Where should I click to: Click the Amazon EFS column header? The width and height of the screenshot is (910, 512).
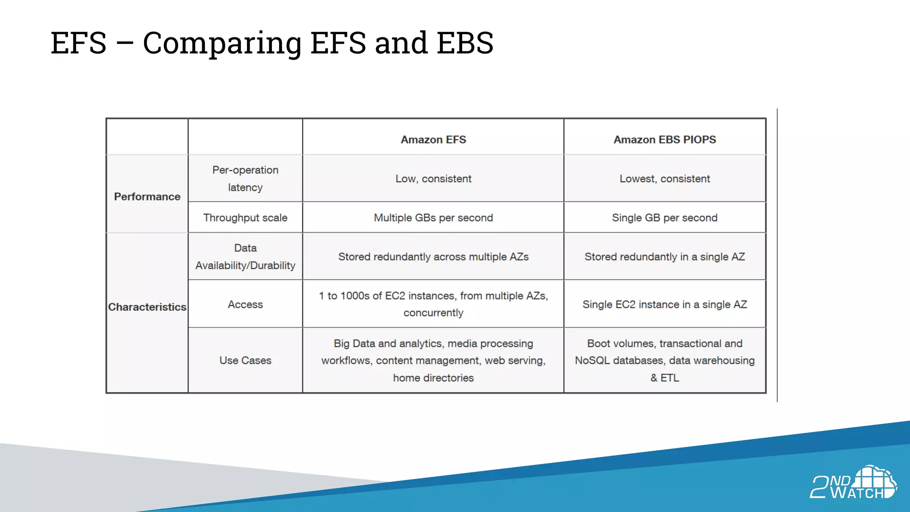tap(433, 140)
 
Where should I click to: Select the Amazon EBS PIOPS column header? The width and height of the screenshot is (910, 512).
tap(665, 140)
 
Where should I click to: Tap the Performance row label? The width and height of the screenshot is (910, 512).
tap(147, 196)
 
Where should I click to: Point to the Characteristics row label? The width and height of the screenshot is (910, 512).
tap(147, 307)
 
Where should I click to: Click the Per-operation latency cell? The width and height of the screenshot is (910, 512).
tap(245, 179)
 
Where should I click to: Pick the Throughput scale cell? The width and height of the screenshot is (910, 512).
tap(245, 218)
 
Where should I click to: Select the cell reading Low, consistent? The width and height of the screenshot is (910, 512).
tap(433, 179)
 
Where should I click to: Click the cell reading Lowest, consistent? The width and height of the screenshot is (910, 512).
tap(665, 179)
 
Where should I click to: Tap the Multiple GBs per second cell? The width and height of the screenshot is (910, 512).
tap(433, 218)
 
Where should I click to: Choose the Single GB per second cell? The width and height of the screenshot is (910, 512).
tap(665, 218)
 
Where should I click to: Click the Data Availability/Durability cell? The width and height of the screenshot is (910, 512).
tap(245, 257)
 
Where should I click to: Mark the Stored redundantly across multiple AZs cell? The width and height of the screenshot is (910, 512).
tap(433, 257)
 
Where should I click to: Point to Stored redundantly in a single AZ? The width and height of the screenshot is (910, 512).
tap(665, 257)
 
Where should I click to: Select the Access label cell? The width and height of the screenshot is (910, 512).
tap(245, 304)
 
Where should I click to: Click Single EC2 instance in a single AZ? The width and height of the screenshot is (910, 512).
tap(665, 304)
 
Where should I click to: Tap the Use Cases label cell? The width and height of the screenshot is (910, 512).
tap(245, 360)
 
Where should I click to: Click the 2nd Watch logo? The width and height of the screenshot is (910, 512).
tap(853, 483)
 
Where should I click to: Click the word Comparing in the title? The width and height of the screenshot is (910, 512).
tap(222, 43)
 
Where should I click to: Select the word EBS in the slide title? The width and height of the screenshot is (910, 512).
tap(465, 43)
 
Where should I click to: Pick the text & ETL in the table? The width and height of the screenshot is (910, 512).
tap(665, 378)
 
